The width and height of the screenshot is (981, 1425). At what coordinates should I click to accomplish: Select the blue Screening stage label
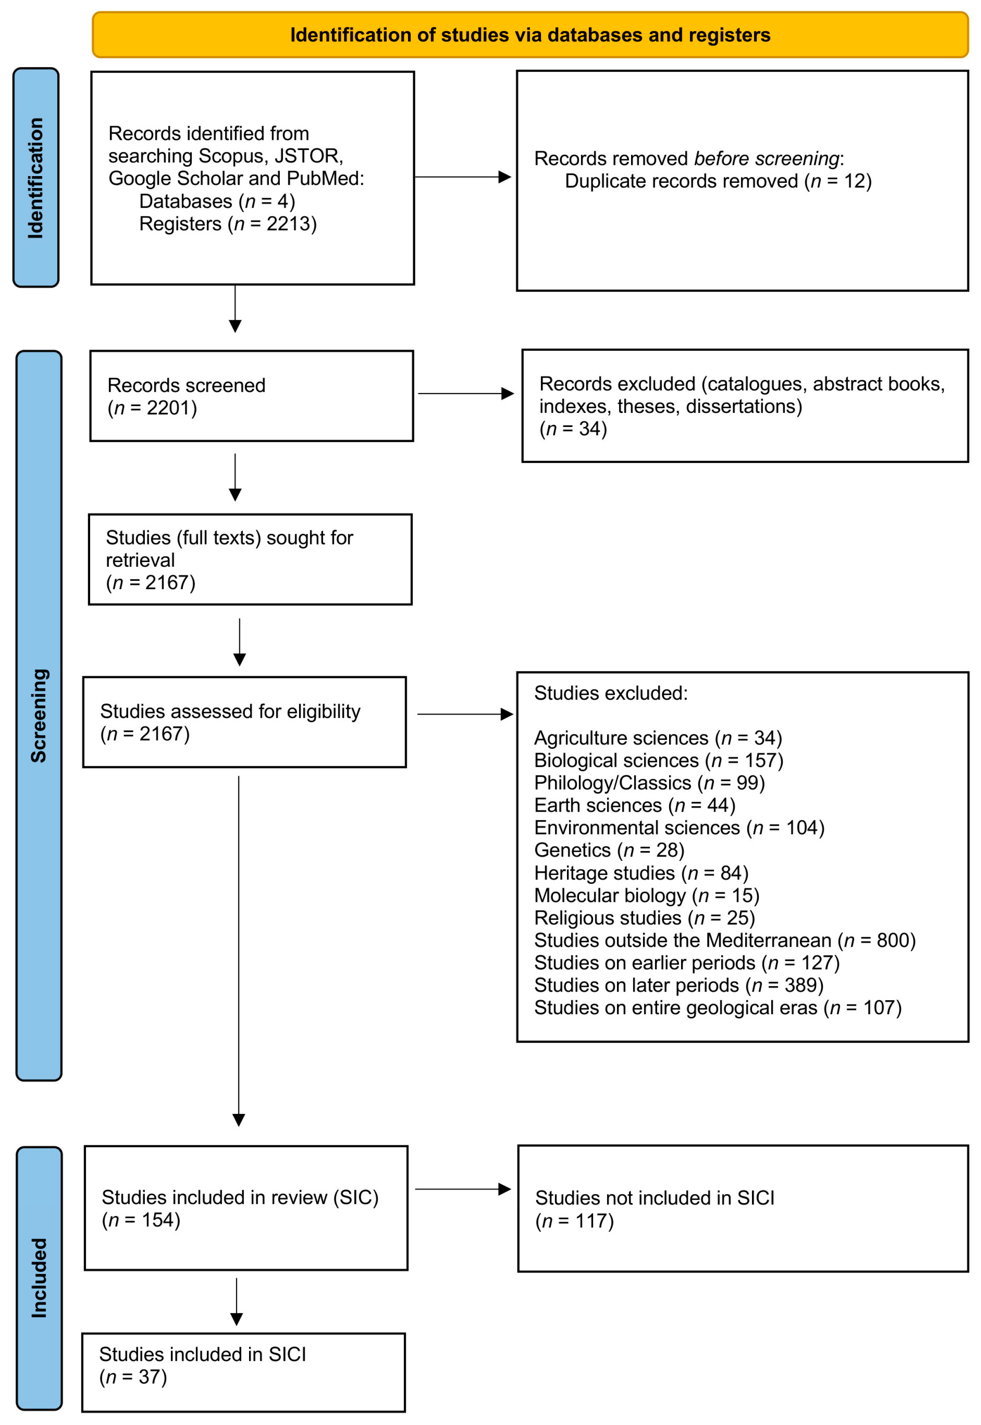[x=39, y=715]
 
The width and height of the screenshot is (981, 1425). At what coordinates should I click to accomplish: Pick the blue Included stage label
[x=39, y=1278]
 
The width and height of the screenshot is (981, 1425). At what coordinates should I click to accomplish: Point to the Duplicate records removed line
[x=718, y=181]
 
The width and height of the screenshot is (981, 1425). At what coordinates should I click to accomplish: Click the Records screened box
[x=251, y=396]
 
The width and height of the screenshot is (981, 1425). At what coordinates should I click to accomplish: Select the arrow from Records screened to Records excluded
[x=466, y=394]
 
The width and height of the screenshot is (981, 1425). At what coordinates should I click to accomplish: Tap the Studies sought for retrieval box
[x=250, y=559]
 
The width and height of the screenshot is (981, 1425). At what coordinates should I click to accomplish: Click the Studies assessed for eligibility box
[x=245, y=722]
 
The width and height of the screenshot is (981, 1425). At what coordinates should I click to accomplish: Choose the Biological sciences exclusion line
[x=658, y=760]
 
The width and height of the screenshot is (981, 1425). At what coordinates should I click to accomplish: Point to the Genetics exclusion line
[x=609, y=850]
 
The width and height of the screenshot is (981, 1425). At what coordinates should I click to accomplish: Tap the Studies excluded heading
[x=611, y=693]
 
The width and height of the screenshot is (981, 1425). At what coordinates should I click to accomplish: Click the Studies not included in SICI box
[x=743, y=1209]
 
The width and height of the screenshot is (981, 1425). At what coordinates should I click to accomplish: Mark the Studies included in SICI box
[x=244, y=1373]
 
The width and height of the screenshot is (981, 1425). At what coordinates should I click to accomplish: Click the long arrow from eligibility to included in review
[x=238, y=951]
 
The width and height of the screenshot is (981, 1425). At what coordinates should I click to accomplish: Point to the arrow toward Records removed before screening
[x=463, y=177]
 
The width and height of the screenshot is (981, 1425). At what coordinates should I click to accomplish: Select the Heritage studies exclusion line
[x=641, y=873]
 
